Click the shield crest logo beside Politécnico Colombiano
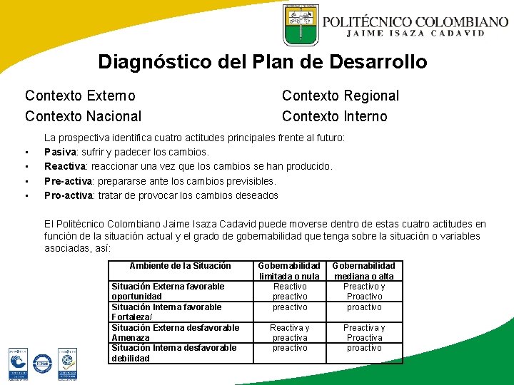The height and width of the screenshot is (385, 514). [x=301, y=25]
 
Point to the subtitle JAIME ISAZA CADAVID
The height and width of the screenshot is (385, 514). [x=415, y=33]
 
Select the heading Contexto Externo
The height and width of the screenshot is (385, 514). [x=80, y=96]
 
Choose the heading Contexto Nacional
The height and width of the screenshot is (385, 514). [x=83, y=116]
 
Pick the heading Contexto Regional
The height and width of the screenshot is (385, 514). [x=341, y=96]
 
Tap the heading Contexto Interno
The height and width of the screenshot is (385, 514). [x=335, y=116]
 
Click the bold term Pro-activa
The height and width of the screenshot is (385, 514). [x=68, y=195]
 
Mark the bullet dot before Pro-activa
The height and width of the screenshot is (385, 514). [x=26, y=196]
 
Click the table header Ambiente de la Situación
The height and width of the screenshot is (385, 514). [x=180, y=266]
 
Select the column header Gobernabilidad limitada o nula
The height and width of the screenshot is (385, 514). [x=289, y=271]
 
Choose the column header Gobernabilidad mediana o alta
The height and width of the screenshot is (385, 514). [x=364, y=271]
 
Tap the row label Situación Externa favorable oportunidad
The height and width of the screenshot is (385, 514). [x=168, y=291]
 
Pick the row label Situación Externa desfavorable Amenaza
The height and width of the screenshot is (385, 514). [x=175, y=332]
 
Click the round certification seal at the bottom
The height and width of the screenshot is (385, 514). [x=43, y=364]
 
